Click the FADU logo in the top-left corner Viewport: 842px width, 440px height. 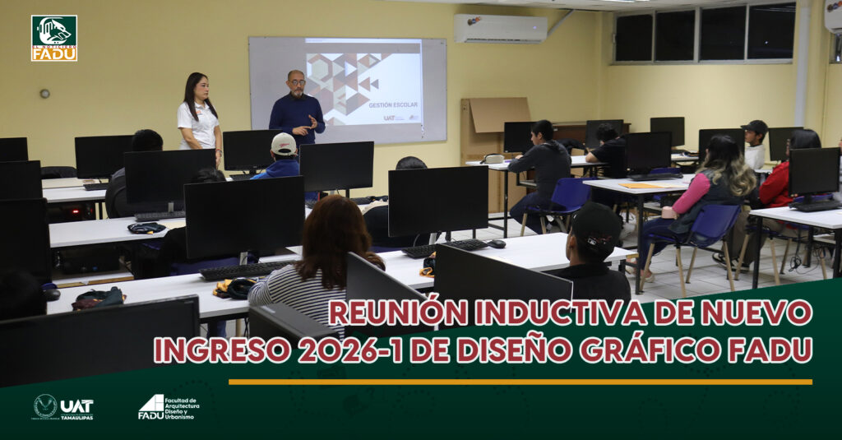pyautogui.click(x=54, y=38)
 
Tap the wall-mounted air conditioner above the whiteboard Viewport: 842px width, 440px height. pyautogui.click(x=500, y=28)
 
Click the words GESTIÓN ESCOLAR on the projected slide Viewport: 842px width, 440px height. pyautogui.click(x=393, y=105)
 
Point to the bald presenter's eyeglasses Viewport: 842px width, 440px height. pyautogui.click(x=296, y=82)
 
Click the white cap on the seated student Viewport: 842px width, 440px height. pyautogui.click(x=284, y=144)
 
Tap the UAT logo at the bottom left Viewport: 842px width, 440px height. pyautogui.click(x=63, y=407)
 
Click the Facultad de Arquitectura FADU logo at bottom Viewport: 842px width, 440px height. pyautogui.click(x=168, y=407)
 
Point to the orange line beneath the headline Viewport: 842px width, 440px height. pyautogui.click(x=520, y=382)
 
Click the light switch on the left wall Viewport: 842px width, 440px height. pyautogui.click(x=44, y=93)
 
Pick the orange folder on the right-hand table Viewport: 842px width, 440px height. pyautogui.click(x=641, y=186)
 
